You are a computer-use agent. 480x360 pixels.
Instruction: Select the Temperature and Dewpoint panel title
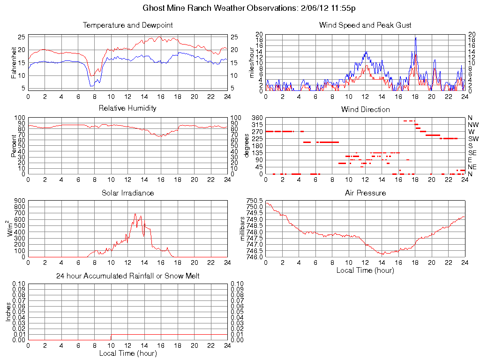pos(127,25)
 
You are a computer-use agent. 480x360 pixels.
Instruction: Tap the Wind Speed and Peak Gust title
pos(365,25)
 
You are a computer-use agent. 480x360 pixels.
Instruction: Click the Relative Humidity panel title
pos(127,108)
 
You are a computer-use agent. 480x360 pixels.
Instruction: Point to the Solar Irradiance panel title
pos(127,193)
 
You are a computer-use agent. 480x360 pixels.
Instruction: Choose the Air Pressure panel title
pos(365,193)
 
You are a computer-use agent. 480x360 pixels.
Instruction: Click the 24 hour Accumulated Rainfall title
pos(127,276)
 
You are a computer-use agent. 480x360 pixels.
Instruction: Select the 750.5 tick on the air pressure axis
pos(256,200)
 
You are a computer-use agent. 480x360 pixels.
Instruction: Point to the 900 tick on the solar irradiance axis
pos(19,200)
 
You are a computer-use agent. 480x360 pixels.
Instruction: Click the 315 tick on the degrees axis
pos(256,125)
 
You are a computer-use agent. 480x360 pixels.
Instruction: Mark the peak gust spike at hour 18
pos(415,38)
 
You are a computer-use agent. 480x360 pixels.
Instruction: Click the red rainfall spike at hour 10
pos(111,337)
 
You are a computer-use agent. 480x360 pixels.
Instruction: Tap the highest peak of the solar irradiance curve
pos(135,214)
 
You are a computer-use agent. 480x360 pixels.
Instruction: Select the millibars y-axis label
pos(243,228)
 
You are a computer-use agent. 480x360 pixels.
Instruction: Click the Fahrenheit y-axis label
pos(14,62)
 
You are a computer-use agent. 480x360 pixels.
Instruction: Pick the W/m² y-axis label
pos(10,228)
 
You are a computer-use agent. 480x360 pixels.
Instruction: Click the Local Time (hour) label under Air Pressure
pos(365,270)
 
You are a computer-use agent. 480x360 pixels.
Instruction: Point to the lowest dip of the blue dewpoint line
pos(91,86)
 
